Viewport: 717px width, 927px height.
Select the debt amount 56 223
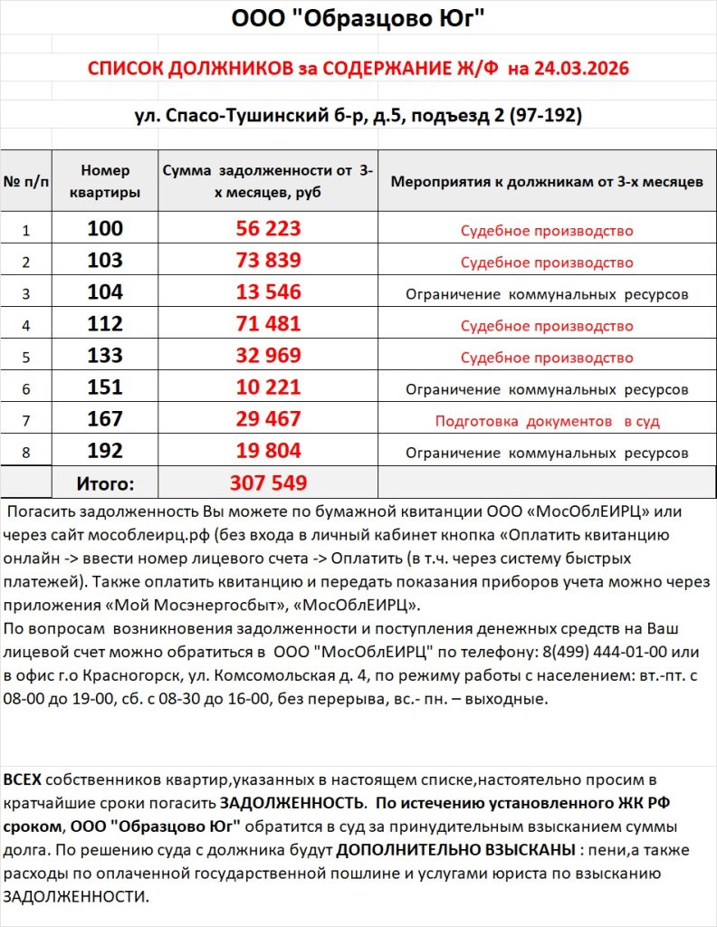(x=268, y=229)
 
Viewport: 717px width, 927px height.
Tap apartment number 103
(x=105, y=261)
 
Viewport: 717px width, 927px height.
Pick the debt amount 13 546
(x=268, y=292)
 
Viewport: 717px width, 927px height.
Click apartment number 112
(x=105, y=324)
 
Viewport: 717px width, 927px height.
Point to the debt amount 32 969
(x=268, y=356)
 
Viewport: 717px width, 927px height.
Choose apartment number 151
(x=105, y=387)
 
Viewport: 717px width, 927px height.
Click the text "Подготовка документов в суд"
(x=547, y=421)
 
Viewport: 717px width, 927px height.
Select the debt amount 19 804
(x=268, y=451)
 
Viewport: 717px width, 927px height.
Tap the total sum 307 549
(x=268, y=483)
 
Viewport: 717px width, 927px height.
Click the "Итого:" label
(x=105, y=483)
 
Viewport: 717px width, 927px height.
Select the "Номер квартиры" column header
(x=105, y=181)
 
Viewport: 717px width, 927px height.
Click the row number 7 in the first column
(x=25, y=421)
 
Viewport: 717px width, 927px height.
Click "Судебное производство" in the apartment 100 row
(x=547, y=231)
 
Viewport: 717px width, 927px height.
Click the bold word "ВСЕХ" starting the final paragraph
(x=23, y=779)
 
